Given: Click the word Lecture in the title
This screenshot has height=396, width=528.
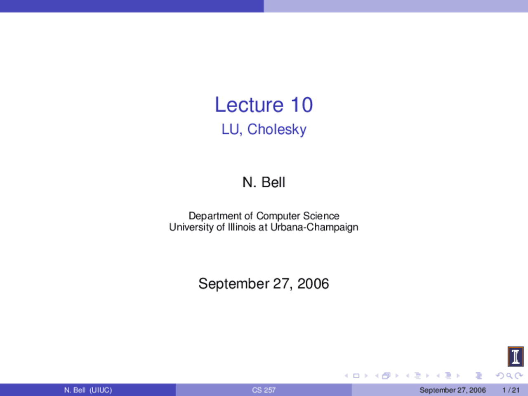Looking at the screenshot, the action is (249, 105).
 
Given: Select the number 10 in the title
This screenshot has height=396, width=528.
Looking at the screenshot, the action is (302, 105).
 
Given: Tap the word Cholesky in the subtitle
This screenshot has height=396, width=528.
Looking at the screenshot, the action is (277, 130).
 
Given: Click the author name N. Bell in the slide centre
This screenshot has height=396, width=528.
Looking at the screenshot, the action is (264, 182).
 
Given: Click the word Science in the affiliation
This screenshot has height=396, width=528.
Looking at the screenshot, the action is (321, 216).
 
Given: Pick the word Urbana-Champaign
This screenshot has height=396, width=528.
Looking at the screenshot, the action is (314, 227).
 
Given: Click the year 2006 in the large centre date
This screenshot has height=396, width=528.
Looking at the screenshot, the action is (313, 283).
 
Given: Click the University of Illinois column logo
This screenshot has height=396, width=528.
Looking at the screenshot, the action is (516, 356).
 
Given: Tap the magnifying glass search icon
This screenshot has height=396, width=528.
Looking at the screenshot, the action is (509, 375).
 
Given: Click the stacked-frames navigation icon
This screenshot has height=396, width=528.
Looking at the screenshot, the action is (386, 375).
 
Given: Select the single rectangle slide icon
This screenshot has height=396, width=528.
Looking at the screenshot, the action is (356, 375).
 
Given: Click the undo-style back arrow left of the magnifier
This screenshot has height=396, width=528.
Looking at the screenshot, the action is (500, 375).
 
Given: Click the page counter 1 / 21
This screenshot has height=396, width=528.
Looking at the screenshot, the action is (511, 390).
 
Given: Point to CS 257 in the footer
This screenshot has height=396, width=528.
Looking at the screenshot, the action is (264, 390).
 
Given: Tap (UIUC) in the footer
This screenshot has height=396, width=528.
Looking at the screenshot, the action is (101, 390).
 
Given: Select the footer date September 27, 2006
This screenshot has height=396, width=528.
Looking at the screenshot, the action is (453, 390).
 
